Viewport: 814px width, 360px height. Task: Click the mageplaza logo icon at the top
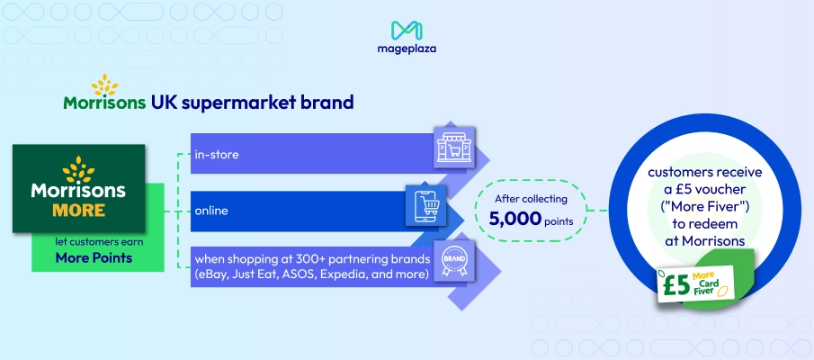(x=407, y=31)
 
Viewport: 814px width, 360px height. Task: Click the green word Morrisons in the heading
(x=104, y=102)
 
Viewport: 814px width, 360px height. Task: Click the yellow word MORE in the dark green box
(x=78, y=210)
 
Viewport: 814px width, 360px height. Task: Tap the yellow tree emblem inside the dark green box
(x=79, y=170)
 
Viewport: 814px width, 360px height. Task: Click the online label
(x=212, y=211)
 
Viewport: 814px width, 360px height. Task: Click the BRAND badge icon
(x=452, y=260)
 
